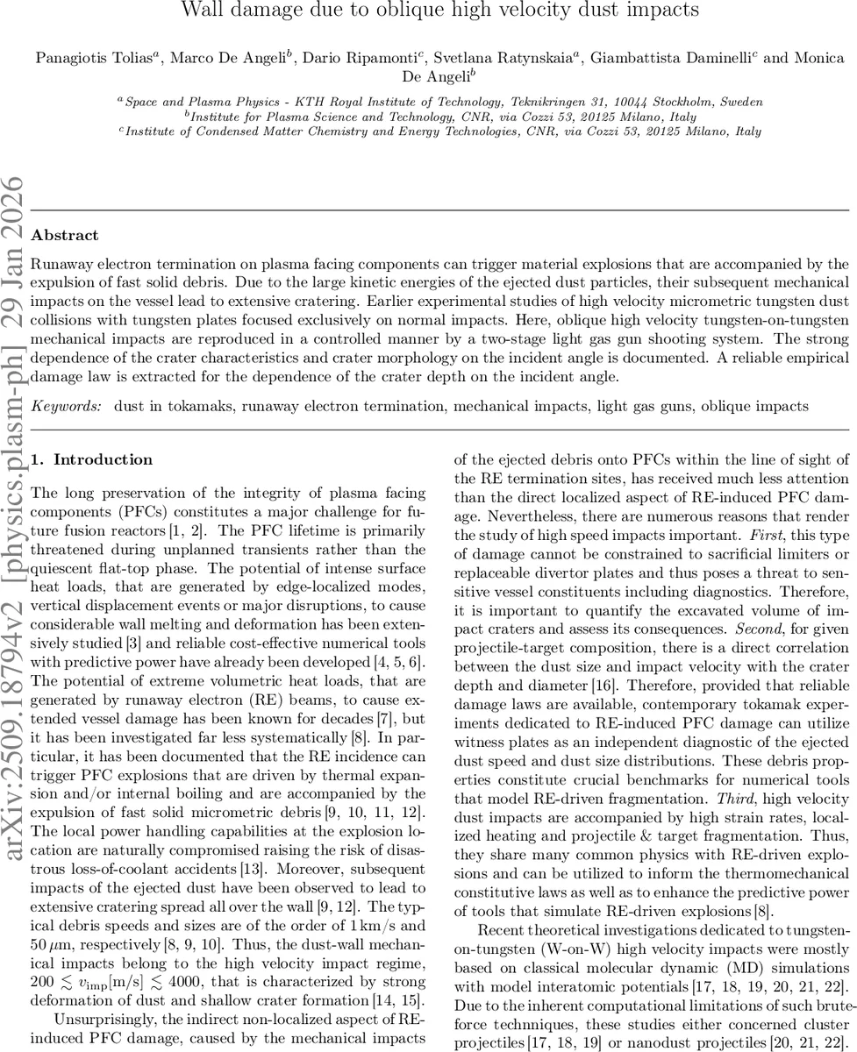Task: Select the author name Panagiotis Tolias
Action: (82, 59)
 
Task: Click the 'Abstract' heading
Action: (64, 235)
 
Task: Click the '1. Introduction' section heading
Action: (91, 459)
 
